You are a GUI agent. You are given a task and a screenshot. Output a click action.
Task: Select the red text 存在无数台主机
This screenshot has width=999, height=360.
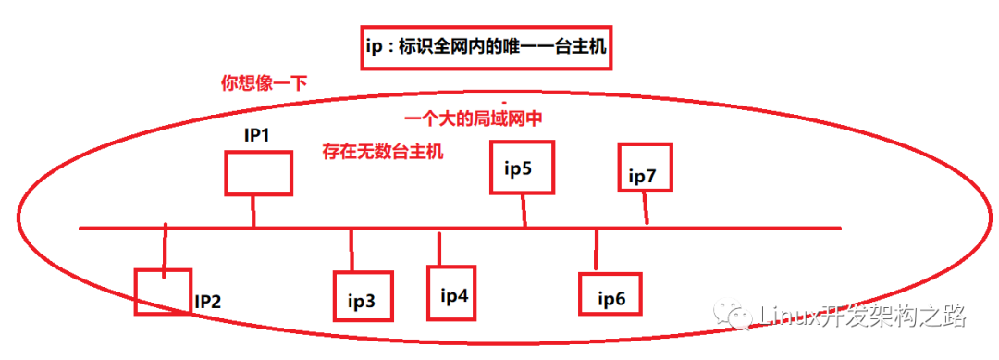coord(382,151)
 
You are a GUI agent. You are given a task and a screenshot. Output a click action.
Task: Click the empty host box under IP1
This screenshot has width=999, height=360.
coord(258,173)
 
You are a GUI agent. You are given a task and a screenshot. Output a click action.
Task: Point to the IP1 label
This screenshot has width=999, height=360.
coord(256,135)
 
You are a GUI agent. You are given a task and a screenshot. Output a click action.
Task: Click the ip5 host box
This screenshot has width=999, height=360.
coord(523,168)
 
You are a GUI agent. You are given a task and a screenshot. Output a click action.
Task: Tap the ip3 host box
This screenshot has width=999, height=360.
coord(363,295)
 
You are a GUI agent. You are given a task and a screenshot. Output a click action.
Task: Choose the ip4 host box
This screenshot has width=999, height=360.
coord(455,293)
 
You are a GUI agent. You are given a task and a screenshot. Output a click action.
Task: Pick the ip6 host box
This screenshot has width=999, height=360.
coord(610,295)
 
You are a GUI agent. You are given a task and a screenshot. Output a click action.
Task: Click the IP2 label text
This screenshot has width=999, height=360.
coord(207,301)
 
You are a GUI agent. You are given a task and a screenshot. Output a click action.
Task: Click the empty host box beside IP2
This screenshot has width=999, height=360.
coord(162,292)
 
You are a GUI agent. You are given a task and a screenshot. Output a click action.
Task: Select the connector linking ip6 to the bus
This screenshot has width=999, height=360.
coord(597,251)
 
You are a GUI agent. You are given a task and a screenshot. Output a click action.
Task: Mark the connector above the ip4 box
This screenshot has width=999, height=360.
coord(439,248)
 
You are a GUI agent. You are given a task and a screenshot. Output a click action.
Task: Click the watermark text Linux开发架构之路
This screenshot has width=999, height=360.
coord(861,317)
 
